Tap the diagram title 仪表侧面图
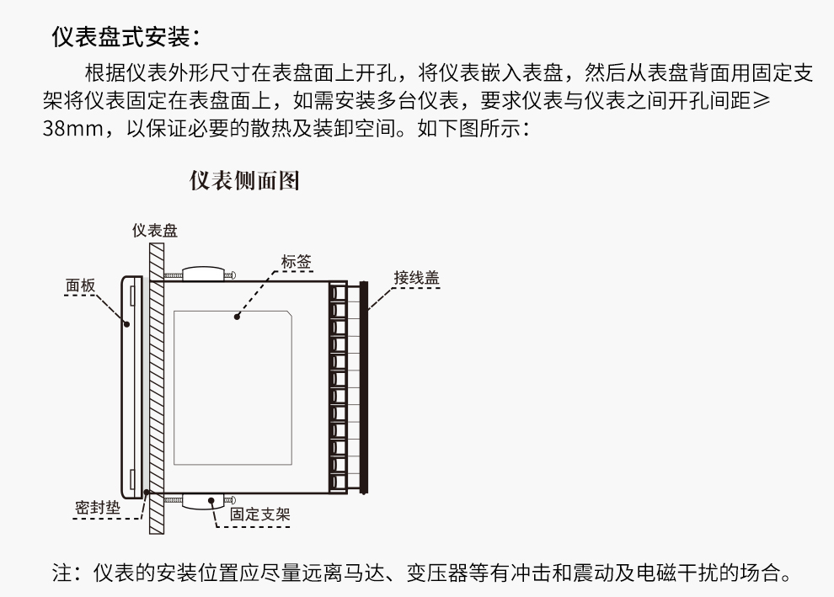[x=244, y=181]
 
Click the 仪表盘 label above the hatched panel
[x=155, y=231]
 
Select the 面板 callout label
[x=81, y=285]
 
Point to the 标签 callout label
[x=296, y=262]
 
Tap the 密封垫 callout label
[x=94, y=508]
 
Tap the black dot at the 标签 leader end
[x=238, y=317]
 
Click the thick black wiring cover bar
[x=364, y=387]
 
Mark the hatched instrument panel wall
[x=155, y=387]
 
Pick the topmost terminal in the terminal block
[x=338, y=293]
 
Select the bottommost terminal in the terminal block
[x=338, y=482]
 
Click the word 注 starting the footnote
[x=61, y=575]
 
